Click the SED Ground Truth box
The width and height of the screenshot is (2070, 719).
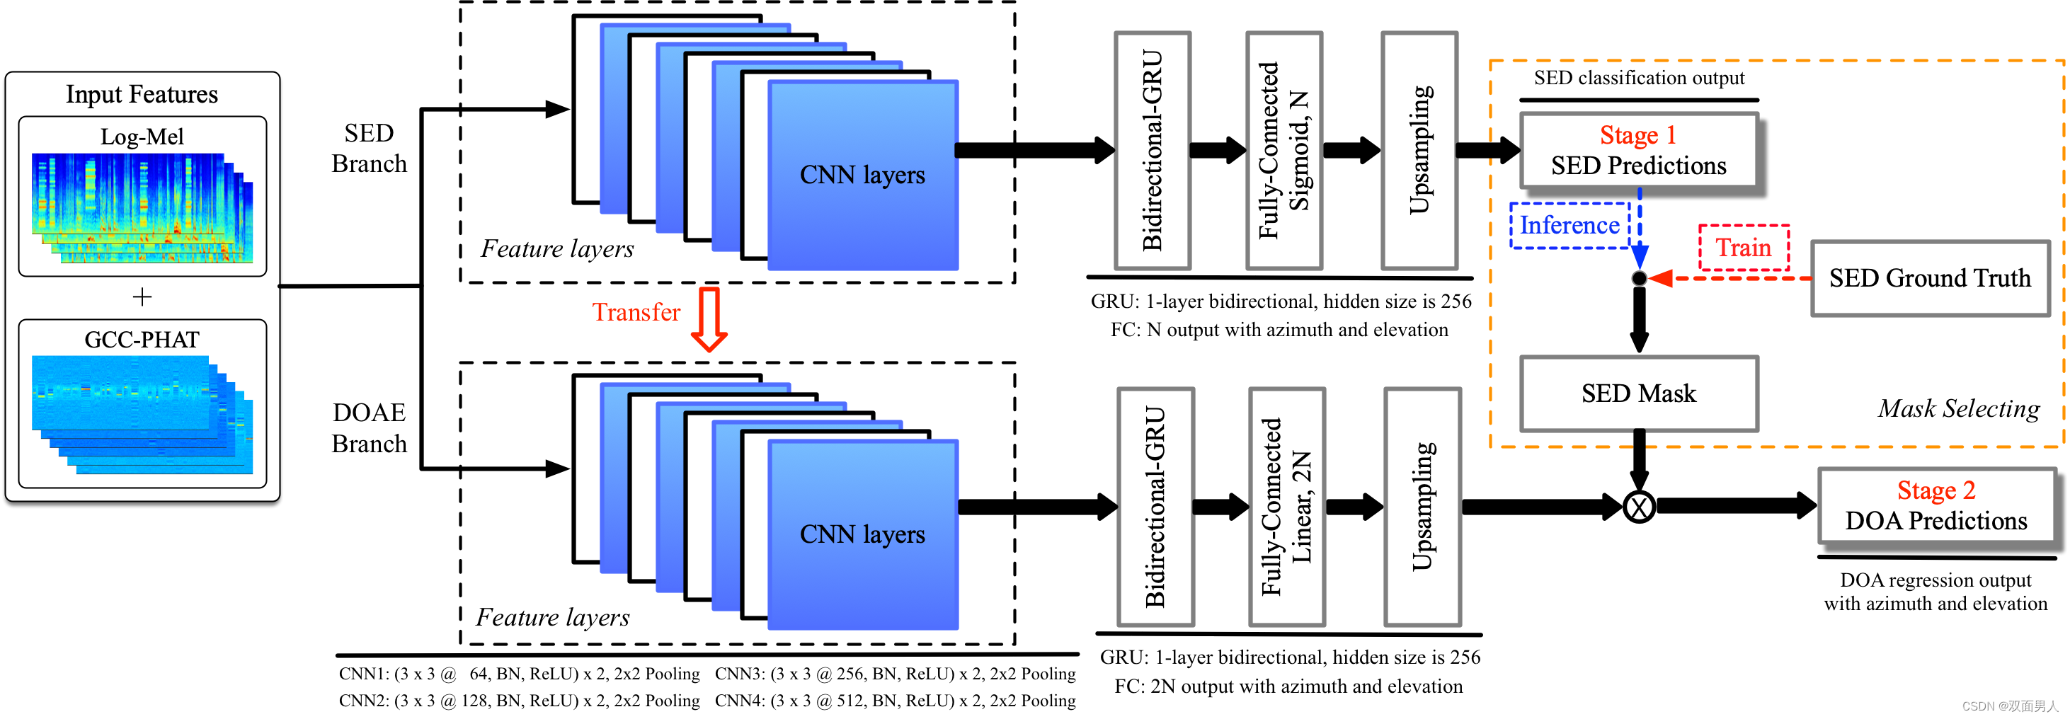pos(1929,278)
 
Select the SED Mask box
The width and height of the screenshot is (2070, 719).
pos(1638,393)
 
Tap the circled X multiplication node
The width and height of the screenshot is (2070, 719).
pos(1638,506)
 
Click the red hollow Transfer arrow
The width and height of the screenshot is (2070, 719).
pos(709,319)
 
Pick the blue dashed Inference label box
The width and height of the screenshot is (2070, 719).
pos(1569,226)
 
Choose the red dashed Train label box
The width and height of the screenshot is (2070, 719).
pos(1743,248)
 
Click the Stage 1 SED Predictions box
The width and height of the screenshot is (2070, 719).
pos(1638,150)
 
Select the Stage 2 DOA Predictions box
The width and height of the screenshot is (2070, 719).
pos(1935,506)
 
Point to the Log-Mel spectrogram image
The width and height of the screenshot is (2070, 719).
pos(142,208)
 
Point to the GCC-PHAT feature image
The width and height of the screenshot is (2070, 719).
pos(142,414)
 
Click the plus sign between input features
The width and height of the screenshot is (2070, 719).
pos(142,297)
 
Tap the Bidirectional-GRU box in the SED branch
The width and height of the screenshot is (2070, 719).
pos(1152,150)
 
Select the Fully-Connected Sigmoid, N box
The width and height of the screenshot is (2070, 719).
pos(1283,150)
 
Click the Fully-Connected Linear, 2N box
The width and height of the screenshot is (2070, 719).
pos(1286,506)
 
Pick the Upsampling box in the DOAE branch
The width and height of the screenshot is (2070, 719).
pos(1422,506)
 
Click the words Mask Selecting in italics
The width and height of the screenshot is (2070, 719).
pos(1958,409)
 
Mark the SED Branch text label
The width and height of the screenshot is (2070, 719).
pos(369,149)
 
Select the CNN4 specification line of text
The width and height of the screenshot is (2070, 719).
pos(895,701)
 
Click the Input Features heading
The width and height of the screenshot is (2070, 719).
pos(142,95)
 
